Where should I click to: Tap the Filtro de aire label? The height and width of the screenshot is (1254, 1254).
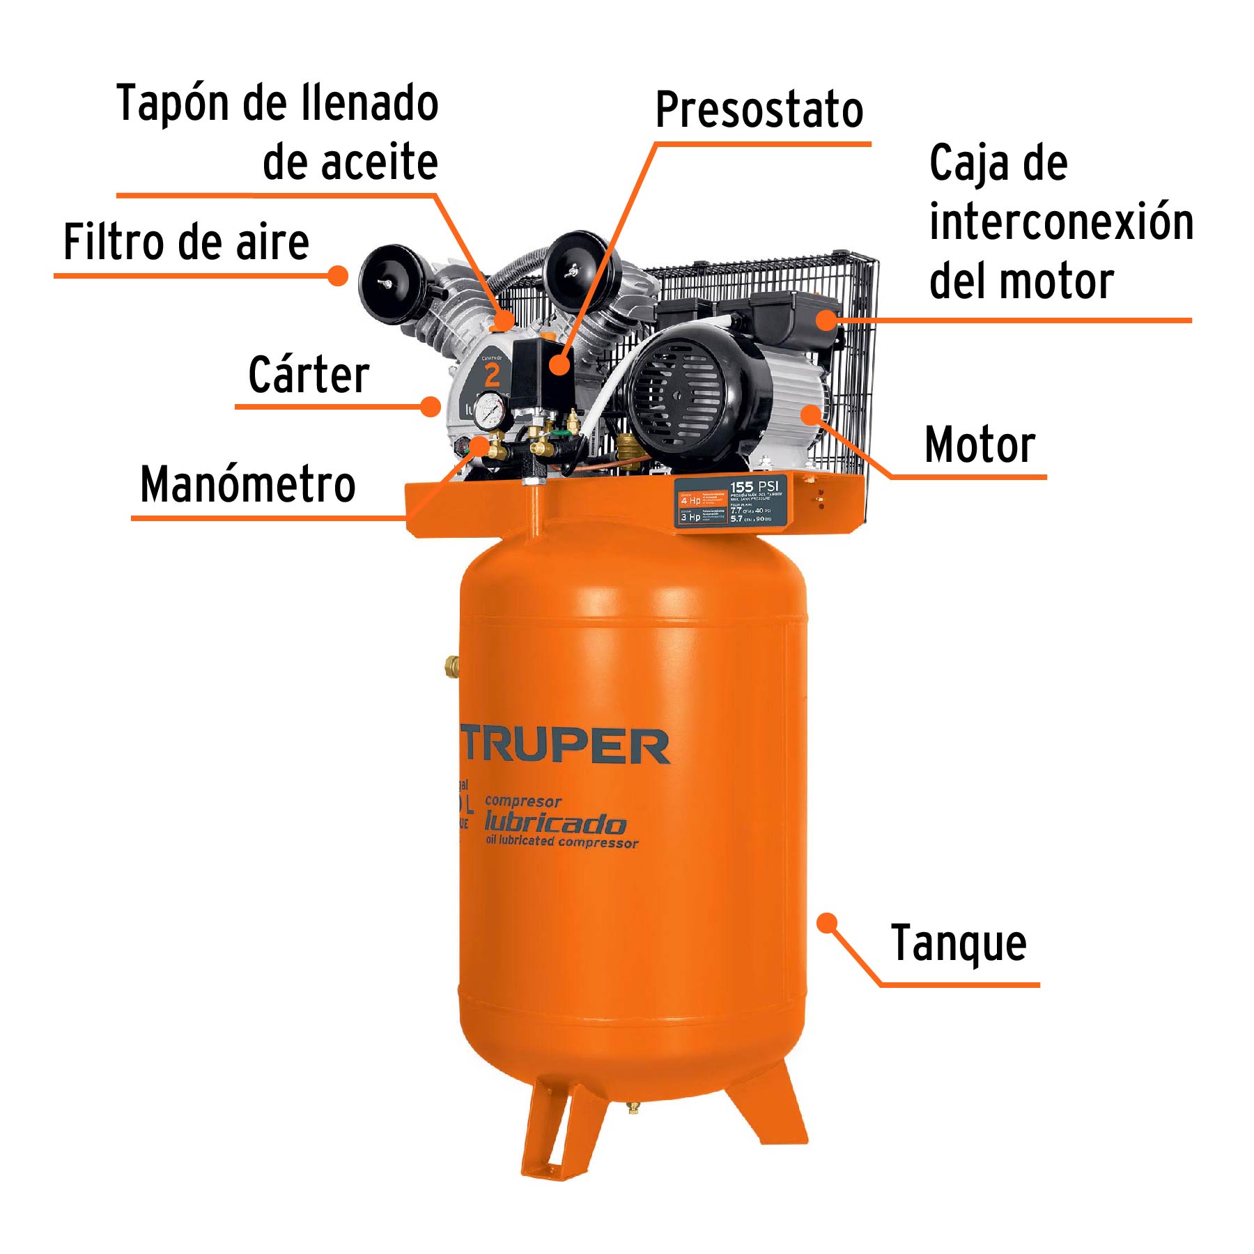tap(186, 242)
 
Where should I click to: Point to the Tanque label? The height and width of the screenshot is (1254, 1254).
tap(959, 944)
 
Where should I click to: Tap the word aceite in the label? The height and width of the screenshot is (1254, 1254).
tap(350, 162)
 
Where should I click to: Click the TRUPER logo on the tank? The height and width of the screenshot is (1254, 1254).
tap(564, 746)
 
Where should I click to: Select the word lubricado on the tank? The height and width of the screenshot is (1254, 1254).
tap(555, 823)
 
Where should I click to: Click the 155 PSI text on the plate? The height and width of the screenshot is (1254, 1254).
tap(754, 486)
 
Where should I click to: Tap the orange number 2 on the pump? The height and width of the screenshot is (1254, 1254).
tap(492, 376)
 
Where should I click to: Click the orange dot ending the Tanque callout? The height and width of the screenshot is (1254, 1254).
tap(827, 923)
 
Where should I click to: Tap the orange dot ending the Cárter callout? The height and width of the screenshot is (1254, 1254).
tap(431, 406)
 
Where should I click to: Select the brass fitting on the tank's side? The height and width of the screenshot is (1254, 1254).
tap(451, 666)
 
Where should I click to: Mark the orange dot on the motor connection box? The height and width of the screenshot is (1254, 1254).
tap(826, 320)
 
